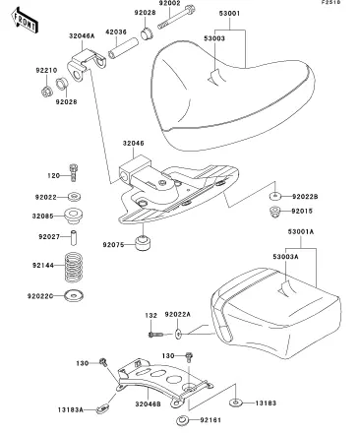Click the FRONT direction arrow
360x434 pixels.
click(25, 21)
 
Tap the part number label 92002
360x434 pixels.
click(170, 3)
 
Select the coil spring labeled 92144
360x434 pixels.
click(73, 267)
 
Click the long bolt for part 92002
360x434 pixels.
click(176, 17)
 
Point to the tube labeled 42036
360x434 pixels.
click(124, 48)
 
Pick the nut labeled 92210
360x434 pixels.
click(46, 92)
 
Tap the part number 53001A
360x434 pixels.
click(301, 231)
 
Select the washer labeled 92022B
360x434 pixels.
click(275, 196)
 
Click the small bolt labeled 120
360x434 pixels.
click(73, 172)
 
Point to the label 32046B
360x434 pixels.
click(148, 404)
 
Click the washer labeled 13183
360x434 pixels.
click(235, 403)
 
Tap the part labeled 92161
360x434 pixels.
click(182, 420)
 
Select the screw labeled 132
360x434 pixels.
click(155, 335)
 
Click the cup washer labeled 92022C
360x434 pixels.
click(74, 295)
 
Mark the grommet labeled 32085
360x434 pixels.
click(74, 216)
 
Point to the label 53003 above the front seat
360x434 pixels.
click(214, 38)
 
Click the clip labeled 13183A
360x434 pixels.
click(102, 409)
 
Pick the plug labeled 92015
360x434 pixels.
click(274, 212)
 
